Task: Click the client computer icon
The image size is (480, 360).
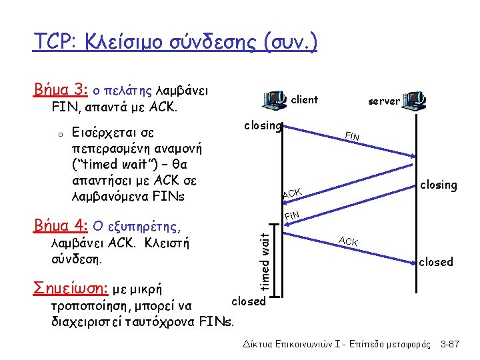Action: [276, 100]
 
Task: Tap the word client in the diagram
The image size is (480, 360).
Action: [305, 100]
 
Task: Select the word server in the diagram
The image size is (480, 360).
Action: [384, 101]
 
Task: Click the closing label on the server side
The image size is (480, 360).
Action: [438, 185]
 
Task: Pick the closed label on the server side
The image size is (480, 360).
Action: [436, 262]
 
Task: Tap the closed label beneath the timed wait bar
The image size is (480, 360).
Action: [249, 301]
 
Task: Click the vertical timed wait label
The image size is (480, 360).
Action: [265, 260]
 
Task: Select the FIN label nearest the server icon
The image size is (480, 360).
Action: [352, 136]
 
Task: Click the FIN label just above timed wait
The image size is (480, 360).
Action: [292, 215]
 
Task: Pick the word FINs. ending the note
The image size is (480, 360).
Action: [217, 323]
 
